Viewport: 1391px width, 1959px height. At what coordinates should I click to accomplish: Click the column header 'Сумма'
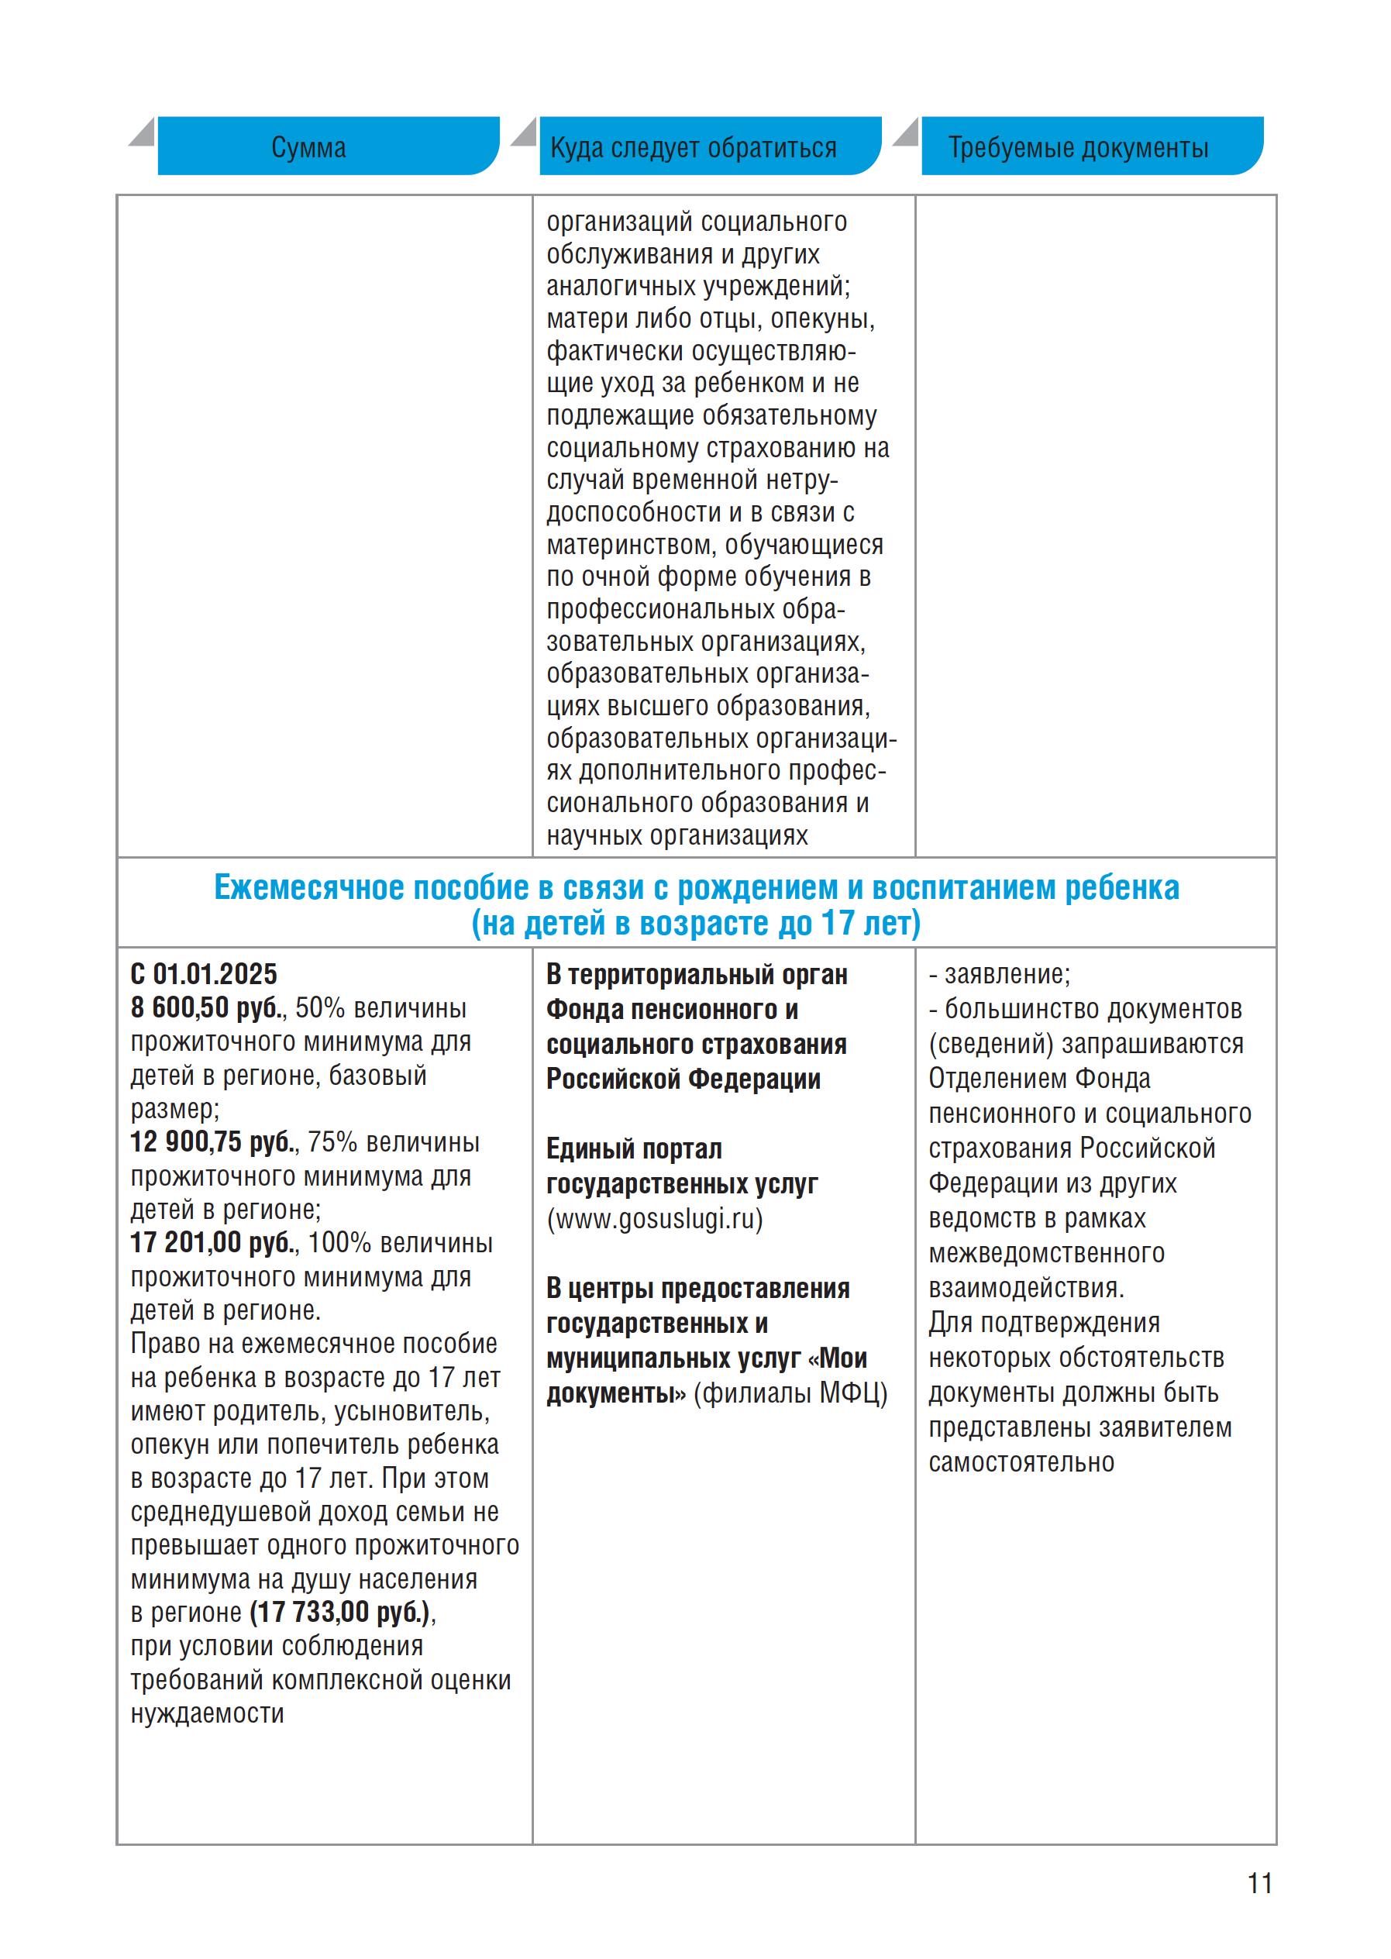[308, 148]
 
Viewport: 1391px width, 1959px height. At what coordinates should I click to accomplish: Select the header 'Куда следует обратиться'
[693, 148]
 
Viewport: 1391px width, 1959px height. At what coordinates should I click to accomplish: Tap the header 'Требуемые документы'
[1077, 148]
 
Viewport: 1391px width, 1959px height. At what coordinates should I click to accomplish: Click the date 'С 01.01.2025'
[204, 975]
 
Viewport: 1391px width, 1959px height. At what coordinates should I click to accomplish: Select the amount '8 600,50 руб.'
[207, 1008]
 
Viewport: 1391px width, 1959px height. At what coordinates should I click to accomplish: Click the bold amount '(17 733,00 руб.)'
[339, 1613]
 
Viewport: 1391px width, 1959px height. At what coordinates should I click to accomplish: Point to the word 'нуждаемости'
[207, 1714]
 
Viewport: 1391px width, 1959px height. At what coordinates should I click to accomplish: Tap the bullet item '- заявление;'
[1000, 975]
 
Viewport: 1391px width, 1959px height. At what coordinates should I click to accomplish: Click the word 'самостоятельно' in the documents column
[1021, 1462]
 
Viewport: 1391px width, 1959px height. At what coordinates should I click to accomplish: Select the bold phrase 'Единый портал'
[634, 1149]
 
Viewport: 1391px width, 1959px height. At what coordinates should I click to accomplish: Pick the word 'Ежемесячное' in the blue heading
[308, 888]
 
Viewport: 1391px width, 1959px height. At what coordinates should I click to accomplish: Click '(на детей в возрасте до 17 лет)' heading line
[696, 924]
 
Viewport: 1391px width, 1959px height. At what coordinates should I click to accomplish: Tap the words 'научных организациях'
[677, 836]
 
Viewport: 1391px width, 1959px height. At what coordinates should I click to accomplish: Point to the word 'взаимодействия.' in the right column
[1026, 1287]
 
